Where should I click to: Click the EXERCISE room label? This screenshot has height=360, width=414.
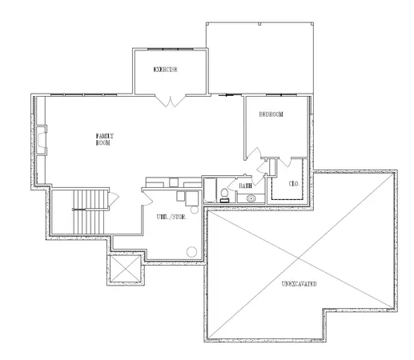165,70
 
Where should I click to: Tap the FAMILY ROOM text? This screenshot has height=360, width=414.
103,140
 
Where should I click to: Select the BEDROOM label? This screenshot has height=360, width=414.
271,114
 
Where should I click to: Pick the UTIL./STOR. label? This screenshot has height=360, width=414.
171,216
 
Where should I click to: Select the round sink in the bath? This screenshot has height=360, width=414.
251,197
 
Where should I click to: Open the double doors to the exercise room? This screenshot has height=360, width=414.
171,101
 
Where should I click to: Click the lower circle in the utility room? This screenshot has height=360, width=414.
191,250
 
